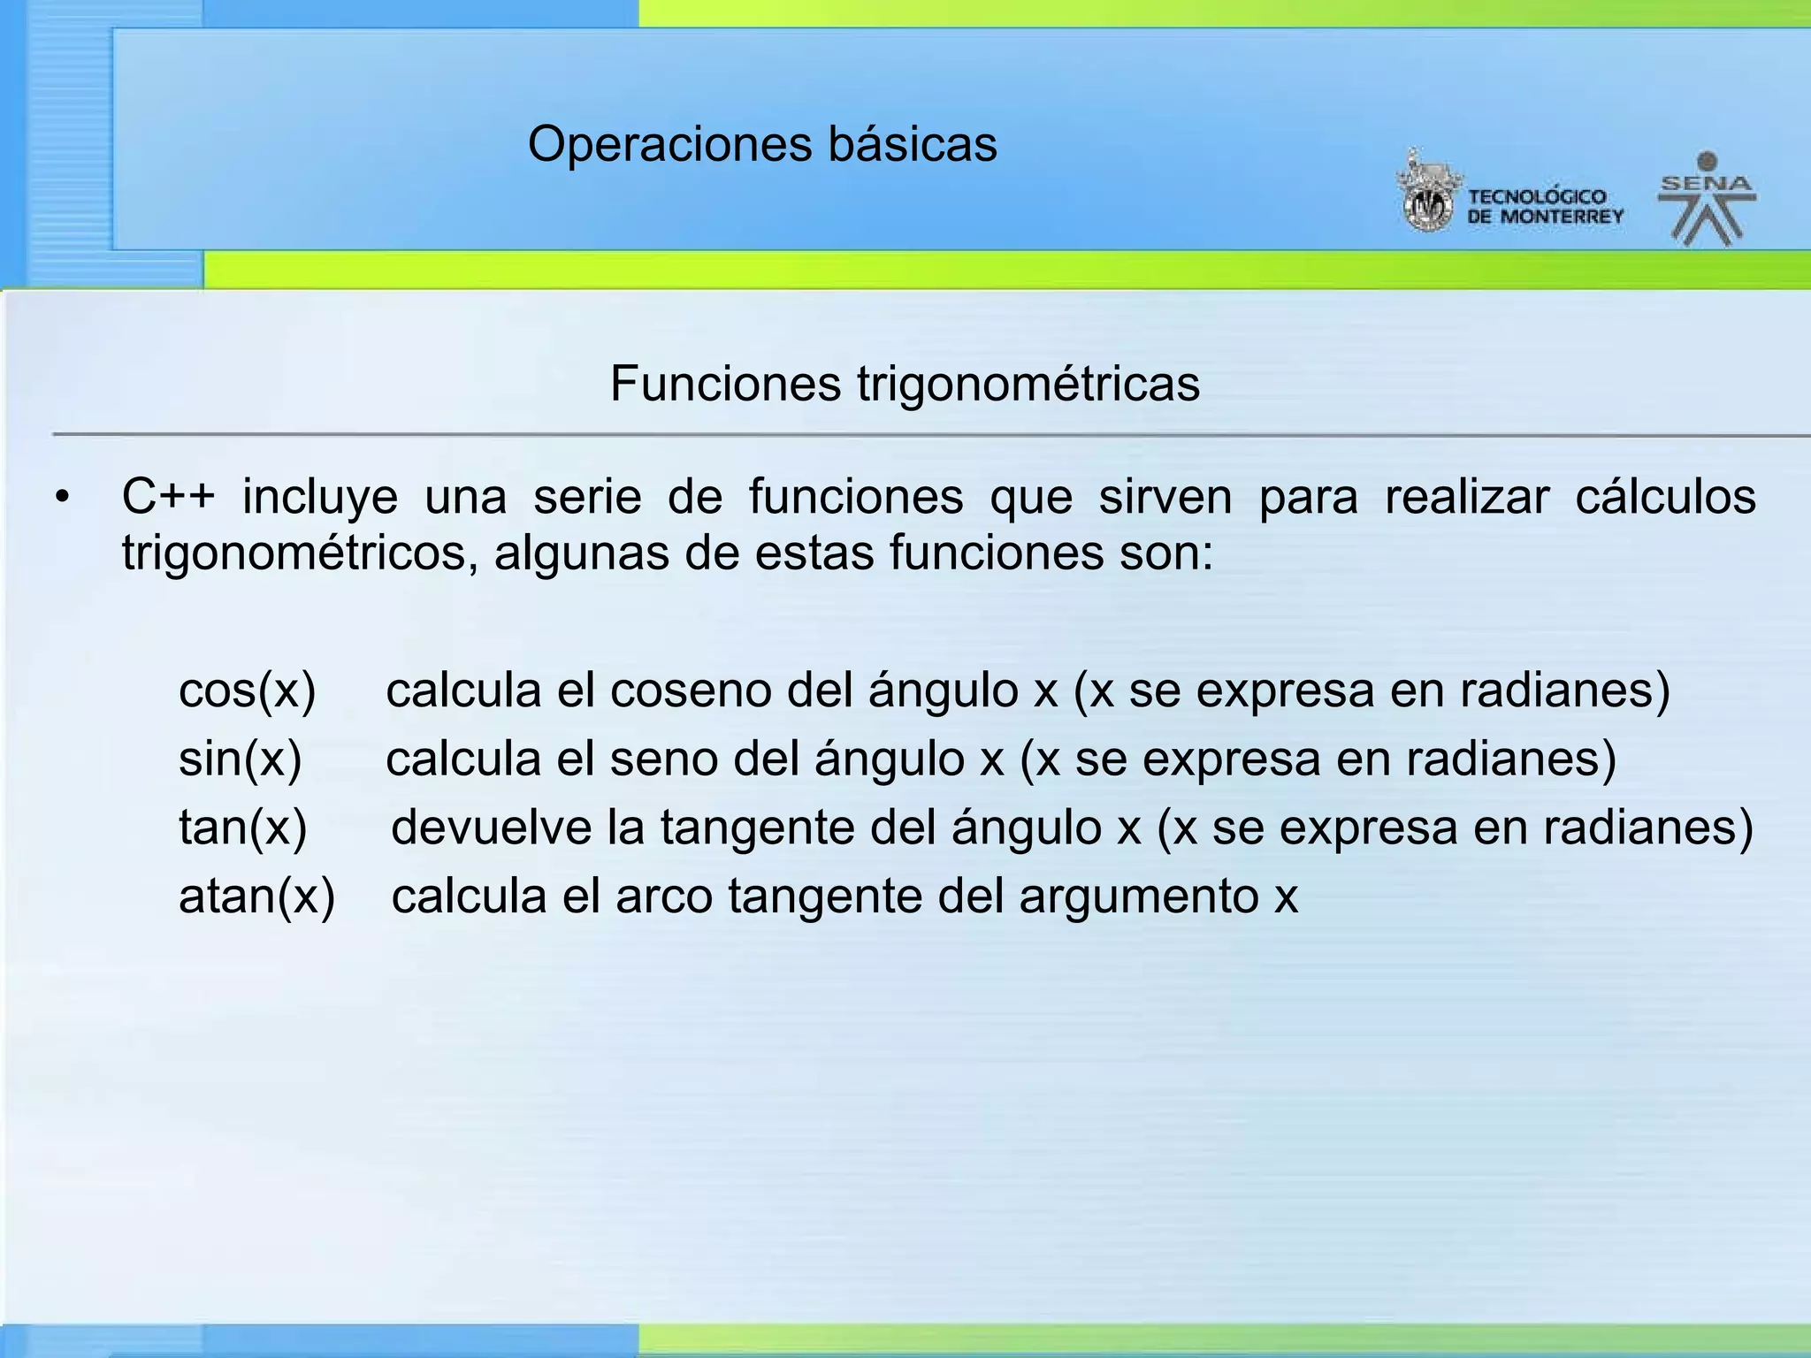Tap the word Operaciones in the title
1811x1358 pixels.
(670, 144)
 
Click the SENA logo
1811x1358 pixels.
(1707, 199)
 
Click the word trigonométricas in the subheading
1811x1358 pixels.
(1028, 384)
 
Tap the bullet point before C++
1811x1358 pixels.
(61, 499)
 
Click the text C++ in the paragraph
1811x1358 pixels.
(168, 496)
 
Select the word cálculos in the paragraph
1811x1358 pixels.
(1665, 496)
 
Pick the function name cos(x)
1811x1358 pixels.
(247, 690)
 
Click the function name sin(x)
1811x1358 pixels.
(240, 759)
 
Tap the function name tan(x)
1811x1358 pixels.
(242, 828)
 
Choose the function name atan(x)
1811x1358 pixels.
(256, 896)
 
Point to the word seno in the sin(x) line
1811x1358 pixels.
(663, 759)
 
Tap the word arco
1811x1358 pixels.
(664, 896)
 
